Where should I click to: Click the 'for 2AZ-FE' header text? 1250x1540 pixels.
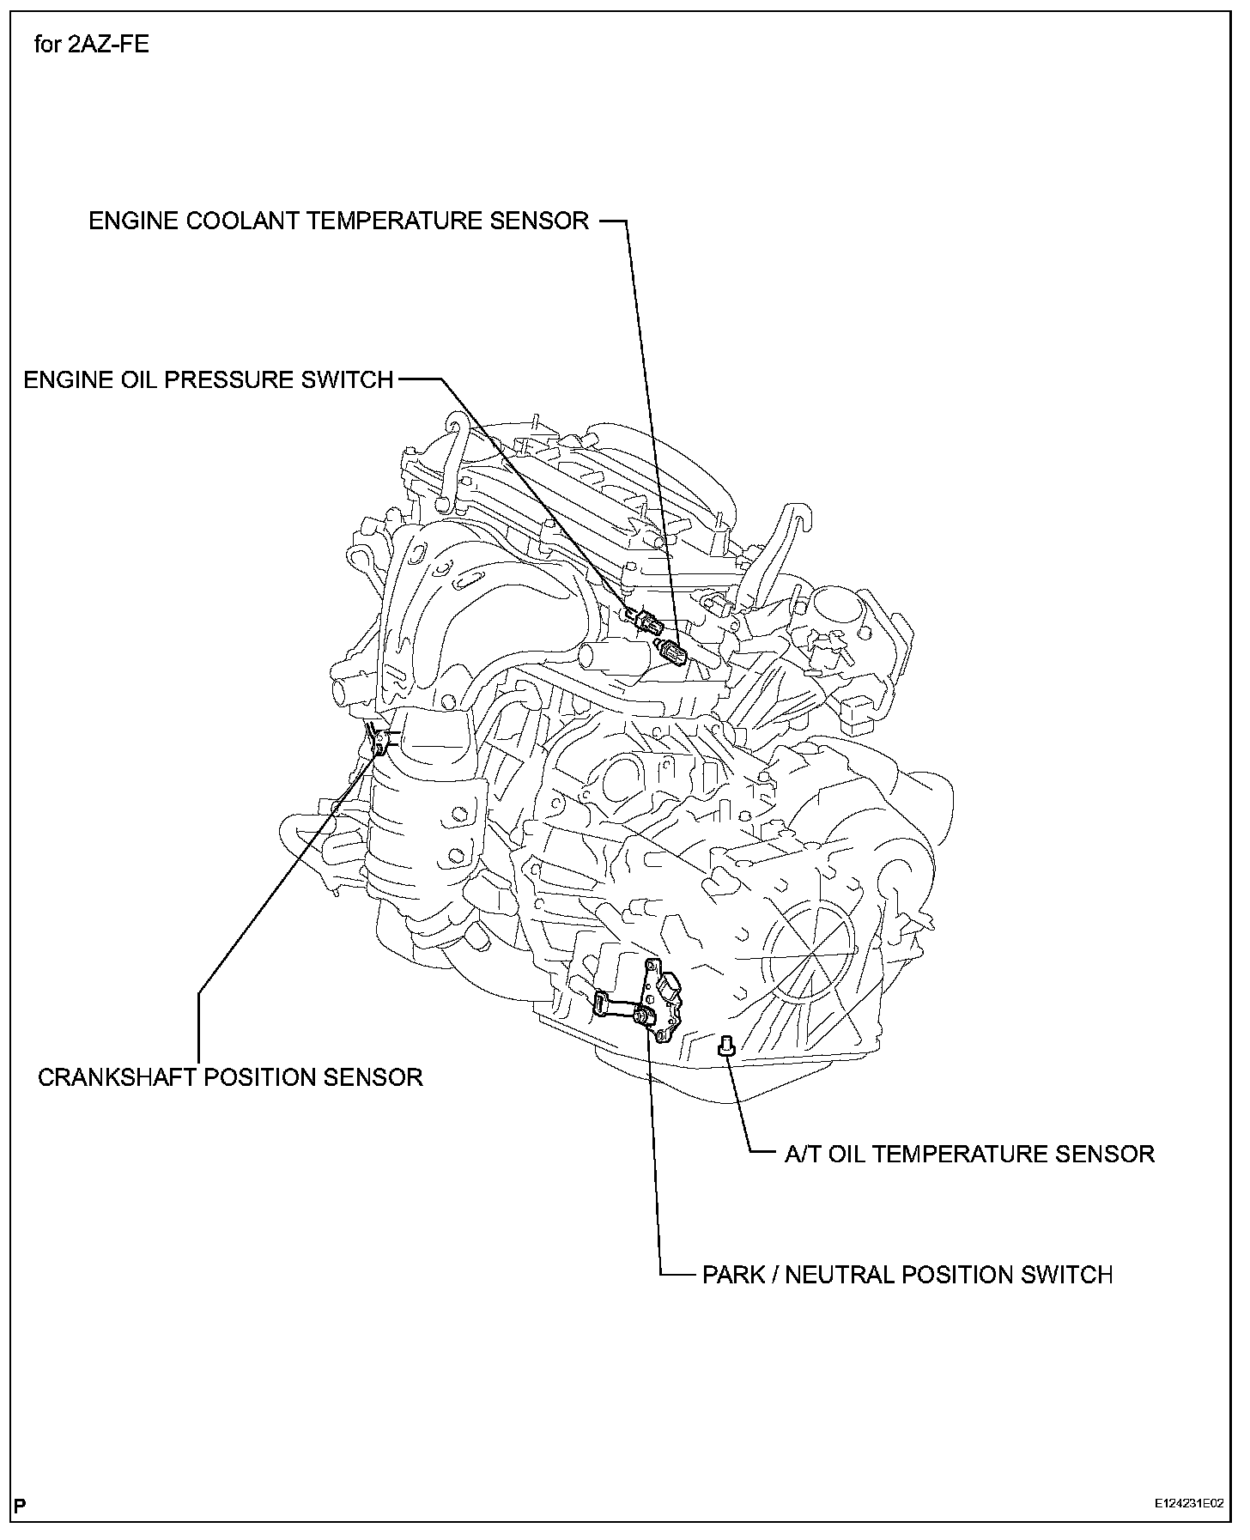[92, 44]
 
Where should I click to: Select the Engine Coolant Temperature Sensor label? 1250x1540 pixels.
[339, 221]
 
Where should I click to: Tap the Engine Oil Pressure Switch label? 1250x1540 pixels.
[208, 379]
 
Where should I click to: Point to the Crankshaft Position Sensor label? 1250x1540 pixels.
[230, 1077]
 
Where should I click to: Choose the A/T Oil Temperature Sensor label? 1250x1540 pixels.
[969, 1154]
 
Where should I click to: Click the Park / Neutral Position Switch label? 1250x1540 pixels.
[907, 1275]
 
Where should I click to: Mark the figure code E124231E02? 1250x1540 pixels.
[1189, 1504]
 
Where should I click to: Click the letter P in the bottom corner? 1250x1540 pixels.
[20, 1504]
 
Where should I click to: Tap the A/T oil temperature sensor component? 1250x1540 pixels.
[725, 1044]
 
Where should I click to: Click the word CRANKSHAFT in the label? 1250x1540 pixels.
[115, 1077]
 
